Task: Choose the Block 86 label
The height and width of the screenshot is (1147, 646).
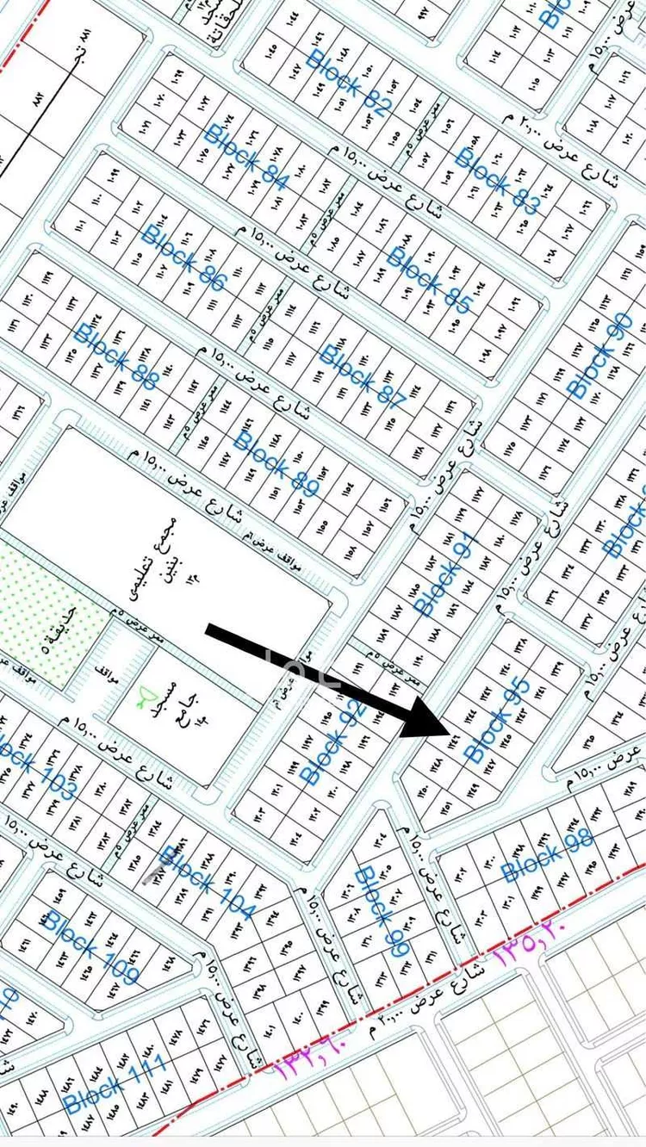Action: [183, 257]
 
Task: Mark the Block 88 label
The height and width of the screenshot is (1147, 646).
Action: [115, 356]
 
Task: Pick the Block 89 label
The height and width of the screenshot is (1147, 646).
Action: [276, 462]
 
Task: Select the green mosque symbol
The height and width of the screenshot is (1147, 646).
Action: [149, 694]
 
